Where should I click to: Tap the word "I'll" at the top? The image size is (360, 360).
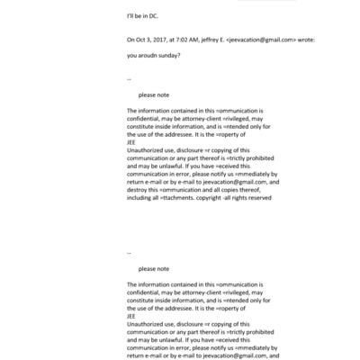coord(130,16)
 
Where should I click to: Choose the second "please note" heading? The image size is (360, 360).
coord(153,268)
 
